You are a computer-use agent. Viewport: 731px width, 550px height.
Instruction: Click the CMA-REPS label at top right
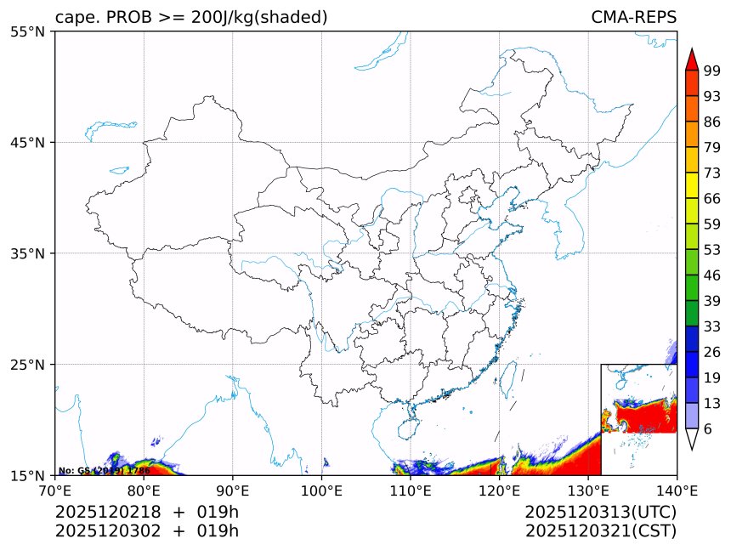[x=633, y=18]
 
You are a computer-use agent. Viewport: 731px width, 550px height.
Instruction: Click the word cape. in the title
[x=79, y=18]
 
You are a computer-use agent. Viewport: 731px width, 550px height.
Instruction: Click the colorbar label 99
[x=711, y=71]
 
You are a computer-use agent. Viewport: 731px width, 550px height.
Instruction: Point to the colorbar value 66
[x=711, y=199]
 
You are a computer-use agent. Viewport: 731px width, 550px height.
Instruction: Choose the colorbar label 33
[x=711, y=326]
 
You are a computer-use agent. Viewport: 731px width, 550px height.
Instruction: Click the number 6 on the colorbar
[x=708, y=429]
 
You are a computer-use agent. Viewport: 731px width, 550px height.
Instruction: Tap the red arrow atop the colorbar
[x=691, y=60]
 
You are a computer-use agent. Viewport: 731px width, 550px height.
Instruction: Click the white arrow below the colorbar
[x=691, y=439]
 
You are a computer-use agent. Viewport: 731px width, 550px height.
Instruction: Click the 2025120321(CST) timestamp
[x=600, y=531]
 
